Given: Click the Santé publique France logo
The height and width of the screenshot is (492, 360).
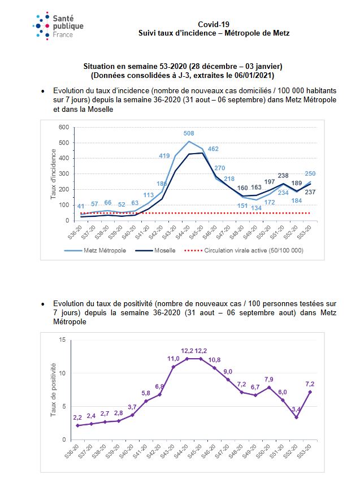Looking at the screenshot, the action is tap(58, 26).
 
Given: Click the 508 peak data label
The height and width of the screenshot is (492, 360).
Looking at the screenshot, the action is tap(189, 133).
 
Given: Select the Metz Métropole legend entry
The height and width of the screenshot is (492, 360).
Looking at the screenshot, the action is tap(95, 250).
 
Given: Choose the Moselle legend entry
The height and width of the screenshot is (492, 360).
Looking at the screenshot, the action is tap(155, 250).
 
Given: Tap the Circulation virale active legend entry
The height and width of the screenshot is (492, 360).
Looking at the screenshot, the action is tap(244, 250).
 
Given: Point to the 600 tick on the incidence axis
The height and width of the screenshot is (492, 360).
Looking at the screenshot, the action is tap(64, 127).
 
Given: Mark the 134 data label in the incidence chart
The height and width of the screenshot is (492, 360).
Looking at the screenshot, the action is tap(256, 208).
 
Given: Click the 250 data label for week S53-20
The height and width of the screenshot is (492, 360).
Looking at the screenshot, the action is tap(310, 173).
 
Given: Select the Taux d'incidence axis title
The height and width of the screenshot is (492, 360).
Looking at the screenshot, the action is tap(53, 174).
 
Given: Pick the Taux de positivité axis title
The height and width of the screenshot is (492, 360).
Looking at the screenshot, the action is tap(53, 390).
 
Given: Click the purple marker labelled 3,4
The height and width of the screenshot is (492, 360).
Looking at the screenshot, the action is tap(296, 417).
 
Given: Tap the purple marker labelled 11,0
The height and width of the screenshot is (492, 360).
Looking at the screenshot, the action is tap(174, 367).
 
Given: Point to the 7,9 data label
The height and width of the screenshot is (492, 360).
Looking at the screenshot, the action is tap(269, 380).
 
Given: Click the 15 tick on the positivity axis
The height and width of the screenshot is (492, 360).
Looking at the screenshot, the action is tap(63, 340).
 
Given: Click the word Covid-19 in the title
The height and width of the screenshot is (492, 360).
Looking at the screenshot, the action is tap(214, 24).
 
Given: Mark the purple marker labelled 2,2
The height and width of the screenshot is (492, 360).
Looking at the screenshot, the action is tap(77, 425).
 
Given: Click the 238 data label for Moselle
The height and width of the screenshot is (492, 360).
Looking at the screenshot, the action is tap(283, 176).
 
